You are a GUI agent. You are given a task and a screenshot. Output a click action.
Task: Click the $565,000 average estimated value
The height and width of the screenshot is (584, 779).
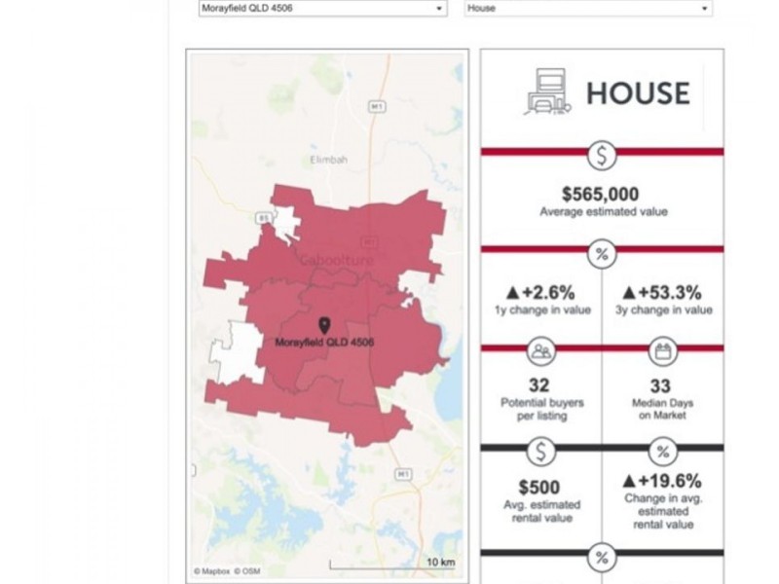click(x=601, y=193)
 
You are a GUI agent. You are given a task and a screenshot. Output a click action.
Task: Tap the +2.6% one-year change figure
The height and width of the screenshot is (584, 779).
click(x=541, y=292)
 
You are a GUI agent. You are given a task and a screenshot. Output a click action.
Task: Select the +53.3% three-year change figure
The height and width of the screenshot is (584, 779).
click(x=662, y=292)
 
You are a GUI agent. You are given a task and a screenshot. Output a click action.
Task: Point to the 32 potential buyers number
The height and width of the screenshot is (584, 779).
click(x=538, y=385)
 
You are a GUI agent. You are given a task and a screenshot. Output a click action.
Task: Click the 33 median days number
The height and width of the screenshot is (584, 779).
click(x=662, y=385)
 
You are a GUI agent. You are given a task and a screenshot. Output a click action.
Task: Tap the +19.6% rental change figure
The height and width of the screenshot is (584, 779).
click(x=662, y=482)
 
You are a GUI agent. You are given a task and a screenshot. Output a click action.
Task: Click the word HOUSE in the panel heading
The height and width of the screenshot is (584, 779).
click(x=638, y=92)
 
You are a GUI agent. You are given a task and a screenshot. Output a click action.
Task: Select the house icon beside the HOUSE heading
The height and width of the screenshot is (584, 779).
click(x=549, y=92)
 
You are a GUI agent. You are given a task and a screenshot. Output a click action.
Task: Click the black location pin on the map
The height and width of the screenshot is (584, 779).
click(x=324, y=325)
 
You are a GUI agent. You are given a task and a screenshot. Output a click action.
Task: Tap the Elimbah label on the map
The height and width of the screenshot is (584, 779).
click(x=328, y=159)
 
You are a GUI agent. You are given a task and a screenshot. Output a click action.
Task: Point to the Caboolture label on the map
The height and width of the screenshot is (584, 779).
click(x=330, y=262)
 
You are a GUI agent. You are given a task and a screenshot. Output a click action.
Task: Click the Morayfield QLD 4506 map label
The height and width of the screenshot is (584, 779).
click(x=325, y=343)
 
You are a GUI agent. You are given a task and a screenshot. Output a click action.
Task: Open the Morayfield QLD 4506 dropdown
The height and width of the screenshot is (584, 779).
click(x=322, y=9)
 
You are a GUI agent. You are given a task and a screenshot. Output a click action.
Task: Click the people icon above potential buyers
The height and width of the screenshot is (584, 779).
click(x=540, y=351)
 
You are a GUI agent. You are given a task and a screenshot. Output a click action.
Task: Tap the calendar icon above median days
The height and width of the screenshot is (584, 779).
click(x=662, y=351)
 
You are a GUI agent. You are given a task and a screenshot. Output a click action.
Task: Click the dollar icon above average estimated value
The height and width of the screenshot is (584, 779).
click(x=602, y=154)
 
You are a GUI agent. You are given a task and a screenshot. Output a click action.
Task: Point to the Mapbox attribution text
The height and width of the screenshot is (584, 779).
click(x=210, y=571)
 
